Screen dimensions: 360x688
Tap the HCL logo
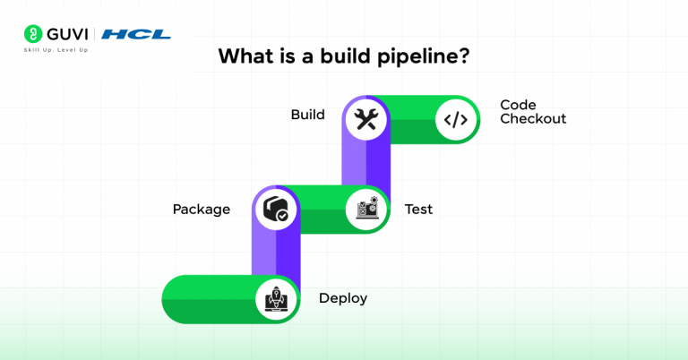(x=135, y=34)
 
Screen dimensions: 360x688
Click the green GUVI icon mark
(x=30, y=34)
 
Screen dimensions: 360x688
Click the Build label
(x=307, y=115)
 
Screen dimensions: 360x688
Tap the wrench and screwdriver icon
(x=365, y=119)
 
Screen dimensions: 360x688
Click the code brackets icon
(x=456, y=119)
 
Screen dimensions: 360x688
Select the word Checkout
(x=533, y=119)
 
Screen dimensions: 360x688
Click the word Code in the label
(x=518, y=105)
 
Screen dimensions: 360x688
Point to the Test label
(x=418, y=210)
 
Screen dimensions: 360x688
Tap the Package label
(x=202, y=210)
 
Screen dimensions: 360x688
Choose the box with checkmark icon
(x=275, y=210)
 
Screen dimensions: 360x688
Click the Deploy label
(x=343, y=298)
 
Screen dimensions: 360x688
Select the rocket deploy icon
(x=275, y=299)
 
